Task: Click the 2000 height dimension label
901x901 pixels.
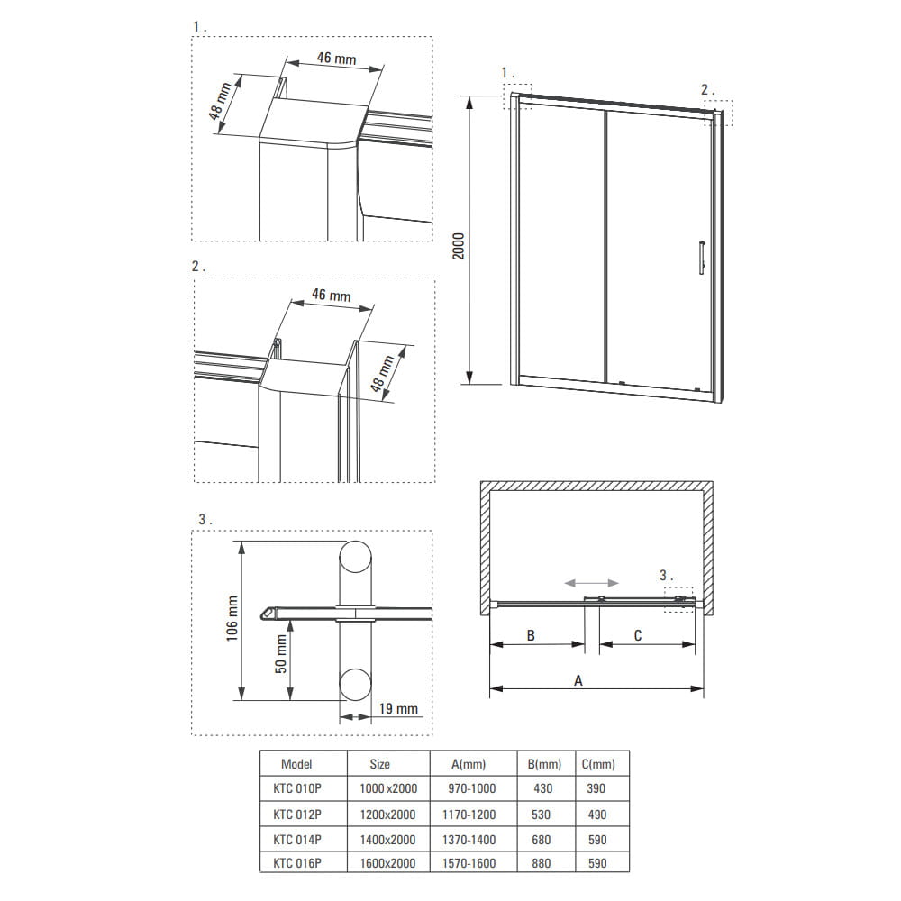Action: pyautogui.click(x=458, y=246)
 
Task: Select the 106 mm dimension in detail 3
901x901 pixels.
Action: pyautogui.click(x=232, y=618)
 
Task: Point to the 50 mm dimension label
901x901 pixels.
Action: pyautogui.click(x=281, y=654)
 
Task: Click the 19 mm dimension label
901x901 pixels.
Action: pyautogui.click(x=398, y=708)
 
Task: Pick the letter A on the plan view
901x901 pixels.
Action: pyautogui.click(x=578, y=681)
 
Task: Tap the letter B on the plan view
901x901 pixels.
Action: pyautogui.click(x=531, y=635)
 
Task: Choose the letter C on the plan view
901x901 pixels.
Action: pyautogui.click(x=638, y=635)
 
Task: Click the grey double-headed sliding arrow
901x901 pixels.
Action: pyautogui.click(x=591, y=583)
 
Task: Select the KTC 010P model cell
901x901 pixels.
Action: pyautogui.click(x=297, y=788)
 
